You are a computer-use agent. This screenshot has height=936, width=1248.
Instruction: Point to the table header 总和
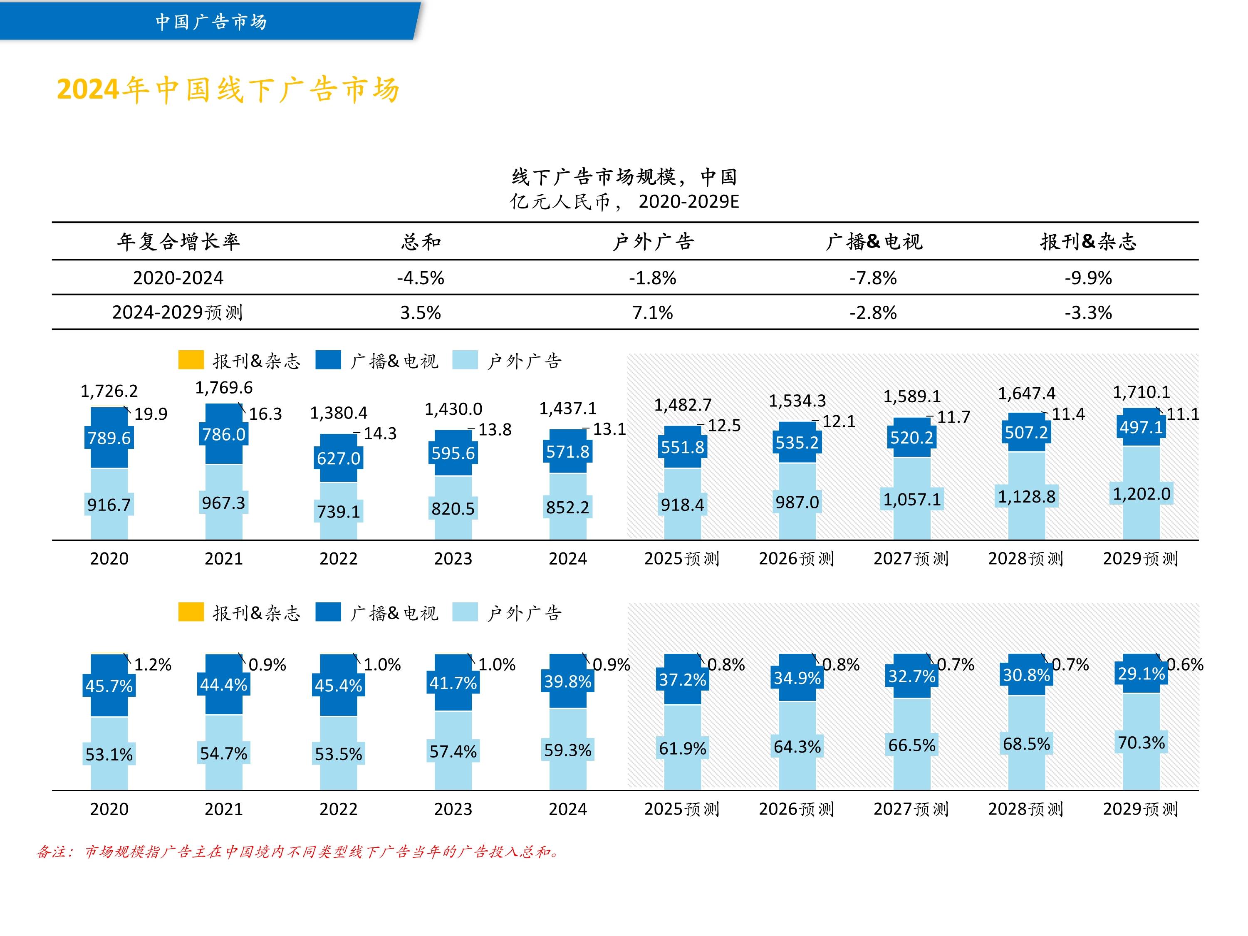click(420, 241)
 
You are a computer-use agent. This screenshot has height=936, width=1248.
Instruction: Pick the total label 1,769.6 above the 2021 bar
click(223, 388)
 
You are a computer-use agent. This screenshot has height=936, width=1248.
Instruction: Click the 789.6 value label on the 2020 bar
click(109, 438)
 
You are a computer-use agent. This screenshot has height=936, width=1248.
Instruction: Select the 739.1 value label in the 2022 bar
click(339, 512)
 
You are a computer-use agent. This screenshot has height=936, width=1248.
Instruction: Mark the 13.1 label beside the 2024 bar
click(609, 429)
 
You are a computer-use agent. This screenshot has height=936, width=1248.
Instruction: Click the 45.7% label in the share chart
click(109, 686)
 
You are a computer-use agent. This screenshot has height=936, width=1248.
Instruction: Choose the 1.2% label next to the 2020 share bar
click(152, 665)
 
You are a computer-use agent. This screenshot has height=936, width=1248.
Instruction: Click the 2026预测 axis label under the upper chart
click(796, 559)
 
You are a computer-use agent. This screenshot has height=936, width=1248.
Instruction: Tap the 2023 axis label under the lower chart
click(453, 809)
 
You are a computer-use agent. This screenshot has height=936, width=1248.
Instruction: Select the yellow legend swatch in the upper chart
click(191, 360)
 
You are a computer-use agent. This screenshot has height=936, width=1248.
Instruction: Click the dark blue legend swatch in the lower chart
click(328, 612)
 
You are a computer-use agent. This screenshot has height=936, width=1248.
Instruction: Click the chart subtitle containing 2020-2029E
click(624, 201)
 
